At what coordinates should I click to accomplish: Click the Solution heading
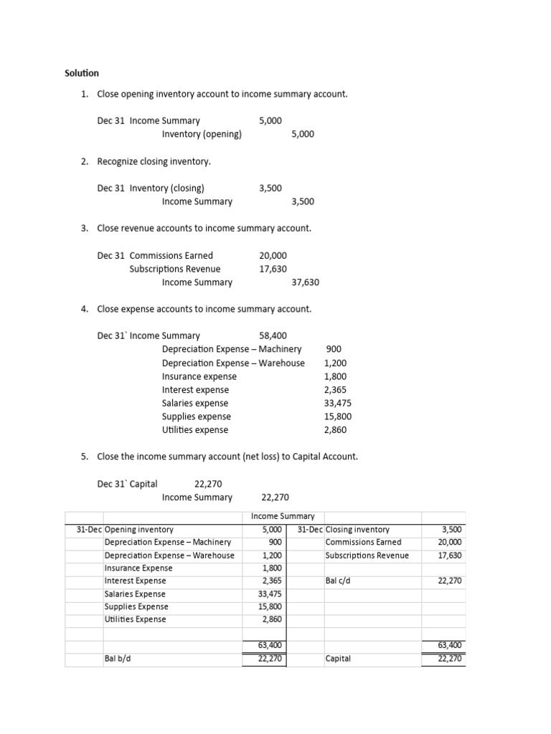click(x=82, y=73)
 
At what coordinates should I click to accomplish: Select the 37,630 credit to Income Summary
click(x=305, y=282)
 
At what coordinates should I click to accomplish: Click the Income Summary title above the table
click(x=283, y=516)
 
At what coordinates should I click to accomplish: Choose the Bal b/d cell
click(x=116, y=659)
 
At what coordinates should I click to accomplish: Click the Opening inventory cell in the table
click(x=139, y=530)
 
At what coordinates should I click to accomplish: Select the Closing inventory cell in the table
click(x=357, y=530)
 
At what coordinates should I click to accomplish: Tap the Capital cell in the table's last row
click(x=338, y=659)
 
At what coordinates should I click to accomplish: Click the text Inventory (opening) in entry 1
click(x=202, y=134)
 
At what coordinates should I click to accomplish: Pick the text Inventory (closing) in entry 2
click(x=166, y=188)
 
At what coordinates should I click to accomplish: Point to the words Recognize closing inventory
click(x=154, y=161)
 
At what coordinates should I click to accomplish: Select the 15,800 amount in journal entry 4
click(x=338, y=416)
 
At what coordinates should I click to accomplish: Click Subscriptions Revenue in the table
click(x=367, y=556)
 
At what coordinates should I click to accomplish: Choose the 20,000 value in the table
click(x=450, y=543)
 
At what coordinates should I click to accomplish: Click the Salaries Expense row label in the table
click(x=135, y=594)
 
